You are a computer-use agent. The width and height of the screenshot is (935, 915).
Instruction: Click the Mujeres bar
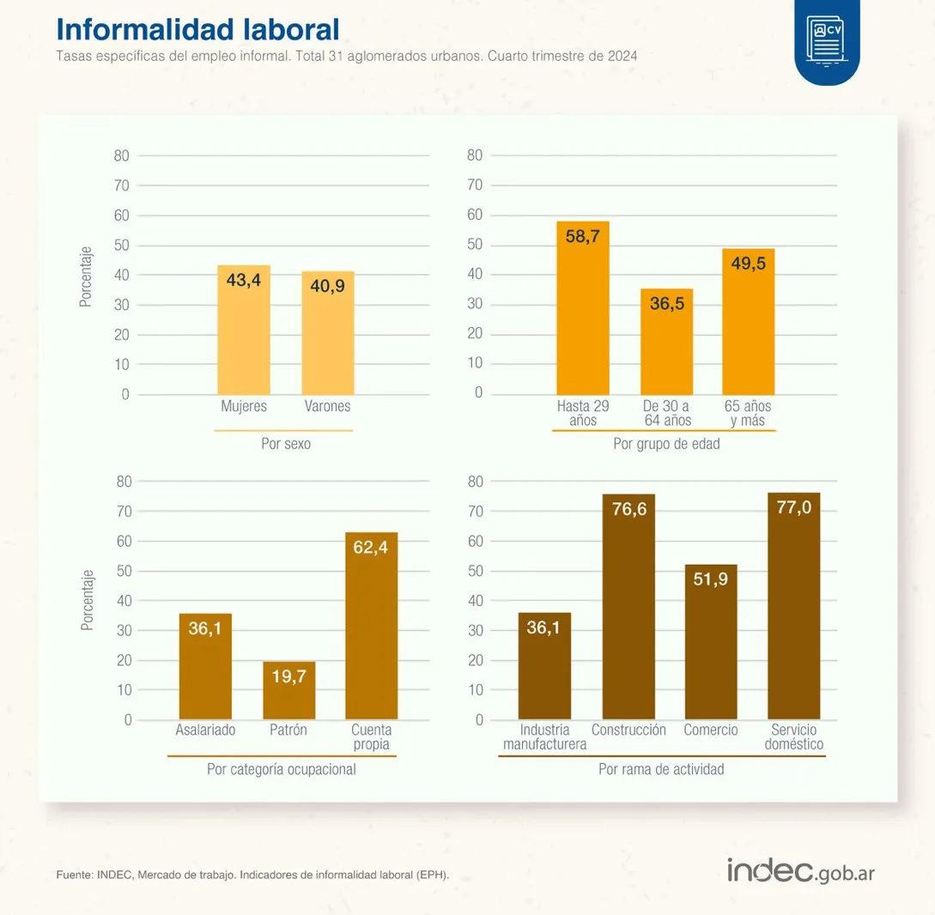click(244, 330)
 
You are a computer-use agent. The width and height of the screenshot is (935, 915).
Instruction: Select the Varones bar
click(328, 333)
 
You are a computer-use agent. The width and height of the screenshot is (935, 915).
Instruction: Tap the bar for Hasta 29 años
click(582, 309)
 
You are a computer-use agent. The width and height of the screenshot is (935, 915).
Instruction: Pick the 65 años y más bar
click(749, 322)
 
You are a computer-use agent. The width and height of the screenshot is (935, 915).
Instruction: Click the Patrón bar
click(289, 691)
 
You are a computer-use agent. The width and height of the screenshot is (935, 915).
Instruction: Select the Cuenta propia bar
click(372, 627)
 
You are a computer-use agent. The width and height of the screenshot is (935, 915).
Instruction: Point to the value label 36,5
click(667, 303)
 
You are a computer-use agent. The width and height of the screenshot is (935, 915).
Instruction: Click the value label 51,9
click(711, 579)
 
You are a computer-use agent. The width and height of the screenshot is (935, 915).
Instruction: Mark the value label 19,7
click(289, 676)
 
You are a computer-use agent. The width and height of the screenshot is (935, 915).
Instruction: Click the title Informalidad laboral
click(197, 29)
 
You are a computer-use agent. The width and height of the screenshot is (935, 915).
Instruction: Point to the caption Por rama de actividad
click(661, 769)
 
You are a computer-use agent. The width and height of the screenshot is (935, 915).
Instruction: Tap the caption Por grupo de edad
click(666, 445)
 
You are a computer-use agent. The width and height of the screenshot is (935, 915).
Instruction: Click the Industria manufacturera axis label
click(545, 737)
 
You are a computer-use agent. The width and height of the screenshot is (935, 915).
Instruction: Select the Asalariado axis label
click(205, 730)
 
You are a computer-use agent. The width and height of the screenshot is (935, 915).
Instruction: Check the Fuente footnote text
click(252, 876)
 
